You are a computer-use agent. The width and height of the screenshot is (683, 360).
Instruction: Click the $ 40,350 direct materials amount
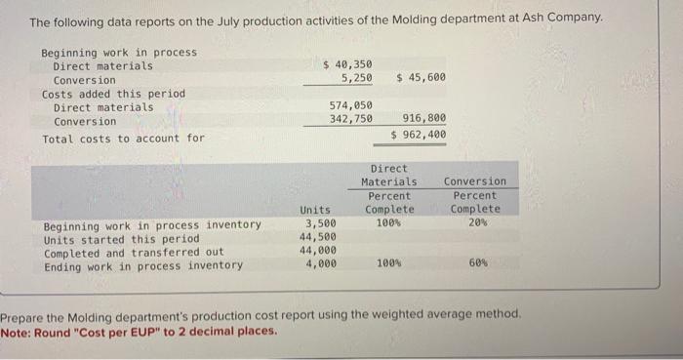(347, 64)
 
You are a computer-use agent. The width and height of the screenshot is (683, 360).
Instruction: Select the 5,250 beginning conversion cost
(355, 77)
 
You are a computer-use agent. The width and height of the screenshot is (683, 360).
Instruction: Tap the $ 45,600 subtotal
(422, 77)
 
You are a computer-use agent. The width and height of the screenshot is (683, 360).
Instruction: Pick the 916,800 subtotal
(424, 119)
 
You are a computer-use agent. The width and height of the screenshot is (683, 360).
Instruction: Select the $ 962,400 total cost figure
(419, 135)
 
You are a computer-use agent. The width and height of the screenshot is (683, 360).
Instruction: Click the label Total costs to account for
(123, 139)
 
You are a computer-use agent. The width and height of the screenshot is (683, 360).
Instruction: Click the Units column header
(314, 210)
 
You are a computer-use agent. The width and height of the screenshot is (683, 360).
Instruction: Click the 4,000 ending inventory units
(321, 264)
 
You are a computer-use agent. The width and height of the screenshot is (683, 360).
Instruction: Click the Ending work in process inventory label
(143, 265)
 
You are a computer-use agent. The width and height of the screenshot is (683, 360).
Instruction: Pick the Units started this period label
(121, 238)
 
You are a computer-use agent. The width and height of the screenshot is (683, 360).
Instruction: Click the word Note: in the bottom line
(17, 331)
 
